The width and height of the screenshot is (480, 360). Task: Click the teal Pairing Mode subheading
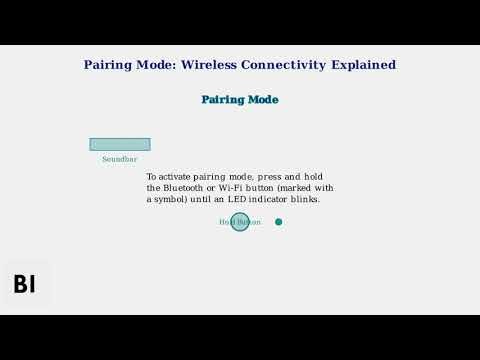point(240,100)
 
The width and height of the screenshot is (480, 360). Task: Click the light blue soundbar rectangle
point(120,144)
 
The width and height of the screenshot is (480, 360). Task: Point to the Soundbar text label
point(120,159)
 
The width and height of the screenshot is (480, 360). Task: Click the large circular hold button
point(240,222)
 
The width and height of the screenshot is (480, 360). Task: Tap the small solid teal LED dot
point(279,222)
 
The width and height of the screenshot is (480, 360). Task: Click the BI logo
point(25,284)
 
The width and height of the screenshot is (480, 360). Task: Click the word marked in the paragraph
point(296,188)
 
